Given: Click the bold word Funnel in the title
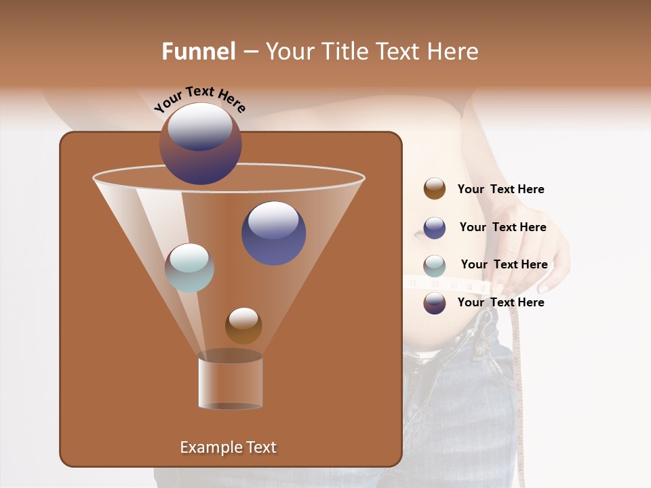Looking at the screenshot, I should [x=199, y=52].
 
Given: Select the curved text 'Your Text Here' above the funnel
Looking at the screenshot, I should [x=200, y=100].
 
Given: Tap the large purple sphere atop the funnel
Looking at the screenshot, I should [x=201, y=144].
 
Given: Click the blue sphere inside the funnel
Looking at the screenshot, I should [x=273, y=233].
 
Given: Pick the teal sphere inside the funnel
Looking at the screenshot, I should [x=190, y=268].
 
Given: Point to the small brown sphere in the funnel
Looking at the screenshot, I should [x=243, y=325].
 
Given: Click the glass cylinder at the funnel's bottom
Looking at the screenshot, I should [x=231, y=382].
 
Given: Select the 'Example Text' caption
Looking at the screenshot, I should [x=229, y=447].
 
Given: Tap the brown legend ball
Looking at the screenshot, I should [x=435, y=189].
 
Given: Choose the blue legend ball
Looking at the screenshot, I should [x=435, y=228].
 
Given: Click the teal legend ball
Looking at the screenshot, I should [x=435, y=266].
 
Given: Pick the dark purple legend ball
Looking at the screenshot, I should [x=435, y=303].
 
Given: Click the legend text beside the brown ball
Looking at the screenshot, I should [x=500, y=189].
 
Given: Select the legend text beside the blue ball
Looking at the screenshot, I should [x=502, y=227].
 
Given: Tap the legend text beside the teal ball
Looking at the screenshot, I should [x=504, y=264].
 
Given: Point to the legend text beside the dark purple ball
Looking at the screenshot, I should [x=500, y=302].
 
